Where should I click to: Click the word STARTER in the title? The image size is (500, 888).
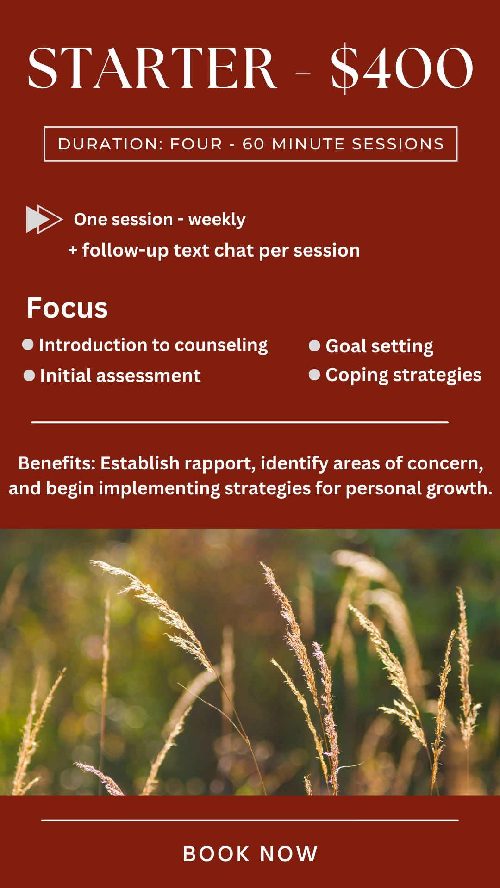(x=152, y=68)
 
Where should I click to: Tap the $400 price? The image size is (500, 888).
(x=402, y=68)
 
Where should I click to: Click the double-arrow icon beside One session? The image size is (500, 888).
(x=44, y=219)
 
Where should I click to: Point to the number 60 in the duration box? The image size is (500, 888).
(x=253, y=144)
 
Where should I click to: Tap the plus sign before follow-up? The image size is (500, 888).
(x=73, y=251)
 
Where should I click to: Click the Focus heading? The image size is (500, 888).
(x=67, y=308)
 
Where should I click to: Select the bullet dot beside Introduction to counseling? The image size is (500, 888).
(x=28, y=345)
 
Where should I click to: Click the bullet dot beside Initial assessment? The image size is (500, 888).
(x=29, y=376)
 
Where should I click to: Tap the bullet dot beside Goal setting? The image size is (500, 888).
(x=314, y=346)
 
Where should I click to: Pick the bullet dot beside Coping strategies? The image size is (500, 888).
(x=314, y=375)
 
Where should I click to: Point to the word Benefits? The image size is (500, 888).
(x=57, y=463)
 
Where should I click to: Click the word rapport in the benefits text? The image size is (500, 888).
(x=221, y=464)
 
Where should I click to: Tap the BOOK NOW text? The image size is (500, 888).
(x=250, y=854)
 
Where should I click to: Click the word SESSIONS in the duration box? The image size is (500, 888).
(x=398, y=144)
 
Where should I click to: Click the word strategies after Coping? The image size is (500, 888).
(x=437, y=376)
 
